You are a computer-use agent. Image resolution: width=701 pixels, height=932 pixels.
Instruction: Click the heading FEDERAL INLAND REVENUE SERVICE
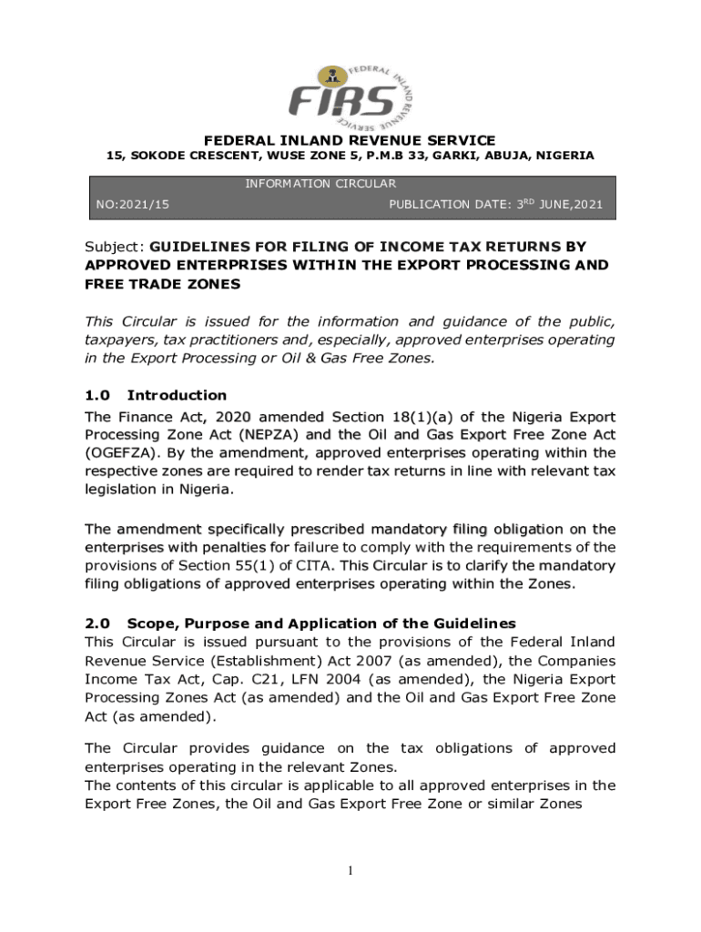coord(350,140)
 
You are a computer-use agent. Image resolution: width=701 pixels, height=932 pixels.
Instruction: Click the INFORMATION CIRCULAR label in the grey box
coord(320,184)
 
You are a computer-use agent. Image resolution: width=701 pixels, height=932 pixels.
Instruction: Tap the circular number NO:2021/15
coord(133,205)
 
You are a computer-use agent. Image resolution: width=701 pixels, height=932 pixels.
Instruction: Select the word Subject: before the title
coord(115,247)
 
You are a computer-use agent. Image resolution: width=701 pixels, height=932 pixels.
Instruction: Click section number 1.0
coord(97,395)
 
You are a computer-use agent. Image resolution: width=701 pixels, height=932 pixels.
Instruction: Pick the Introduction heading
coord(177,395)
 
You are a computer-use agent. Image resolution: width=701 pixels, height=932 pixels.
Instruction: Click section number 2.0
coord(97,623)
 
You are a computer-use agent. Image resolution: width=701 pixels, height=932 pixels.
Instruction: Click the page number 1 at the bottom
coord(350,872)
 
